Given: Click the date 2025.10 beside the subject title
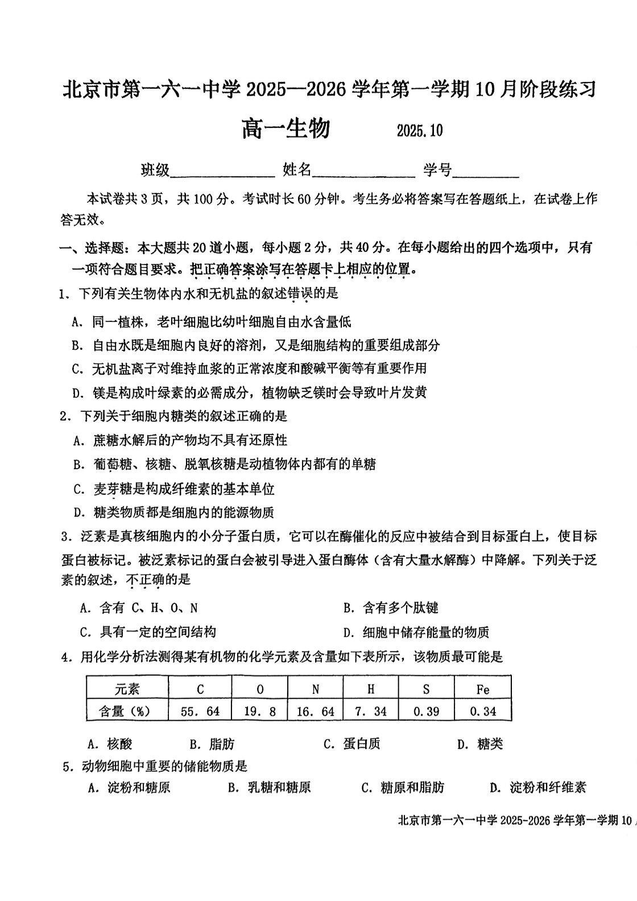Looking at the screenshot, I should pyautogui.click(x=419, y=131).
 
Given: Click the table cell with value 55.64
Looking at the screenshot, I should pyautogui.click(x=200, y=711).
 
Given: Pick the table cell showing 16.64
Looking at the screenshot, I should pyautogui.click(x=315, y=711).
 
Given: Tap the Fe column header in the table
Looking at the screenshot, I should pyautogui.click(x=482, y=689).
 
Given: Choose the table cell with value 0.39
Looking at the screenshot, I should pyautogui.click(x=426, y=711).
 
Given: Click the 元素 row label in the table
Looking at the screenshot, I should pyautogui.click(x=127, y=689).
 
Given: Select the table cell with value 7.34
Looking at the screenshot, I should pyautogui.click(x=371, y=711).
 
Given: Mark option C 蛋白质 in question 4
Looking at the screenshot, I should pyautogui.click(x=352, y=744).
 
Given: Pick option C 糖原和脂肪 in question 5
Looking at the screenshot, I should pyautogui.click(x=403, y=787).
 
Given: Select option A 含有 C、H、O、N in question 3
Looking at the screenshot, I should pyautogui.click(x=139, y=608).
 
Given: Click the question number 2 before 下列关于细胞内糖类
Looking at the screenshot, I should pyautogui.click(x=64, y=416).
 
